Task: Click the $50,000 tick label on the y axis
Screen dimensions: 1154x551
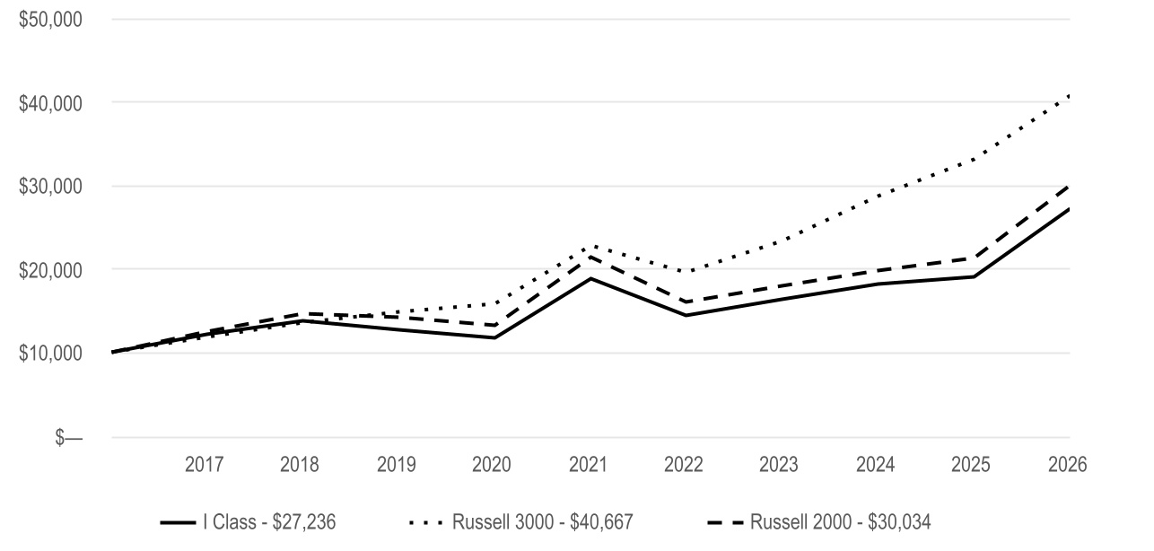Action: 50,20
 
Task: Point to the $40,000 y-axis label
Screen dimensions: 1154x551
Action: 50,103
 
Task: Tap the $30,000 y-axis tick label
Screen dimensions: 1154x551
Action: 50,186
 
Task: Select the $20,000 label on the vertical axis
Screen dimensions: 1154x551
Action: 50,270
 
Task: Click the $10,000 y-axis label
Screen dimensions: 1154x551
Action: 50,353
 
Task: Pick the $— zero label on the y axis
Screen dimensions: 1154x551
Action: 68,438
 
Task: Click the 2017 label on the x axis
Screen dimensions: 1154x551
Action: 204,465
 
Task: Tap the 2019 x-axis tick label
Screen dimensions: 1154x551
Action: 396,465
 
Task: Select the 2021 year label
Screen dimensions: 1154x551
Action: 588,465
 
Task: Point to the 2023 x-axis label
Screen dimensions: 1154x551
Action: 778,465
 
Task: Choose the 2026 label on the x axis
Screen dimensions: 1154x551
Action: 1068,465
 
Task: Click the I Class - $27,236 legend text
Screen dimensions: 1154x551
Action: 269,522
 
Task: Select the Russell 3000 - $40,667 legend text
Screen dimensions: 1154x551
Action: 543,522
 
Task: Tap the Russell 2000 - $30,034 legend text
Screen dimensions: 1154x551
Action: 841,522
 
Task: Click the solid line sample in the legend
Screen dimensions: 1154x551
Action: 179,522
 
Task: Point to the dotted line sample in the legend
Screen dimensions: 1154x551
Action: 426,522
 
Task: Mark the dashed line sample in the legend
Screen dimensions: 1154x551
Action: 725,522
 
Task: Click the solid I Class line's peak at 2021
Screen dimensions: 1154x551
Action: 590,279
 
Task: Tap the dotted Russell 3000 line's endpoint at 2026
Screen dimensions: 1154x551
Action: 1069,96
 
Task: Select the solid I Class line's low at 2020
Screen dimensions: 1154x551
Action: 494,337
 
